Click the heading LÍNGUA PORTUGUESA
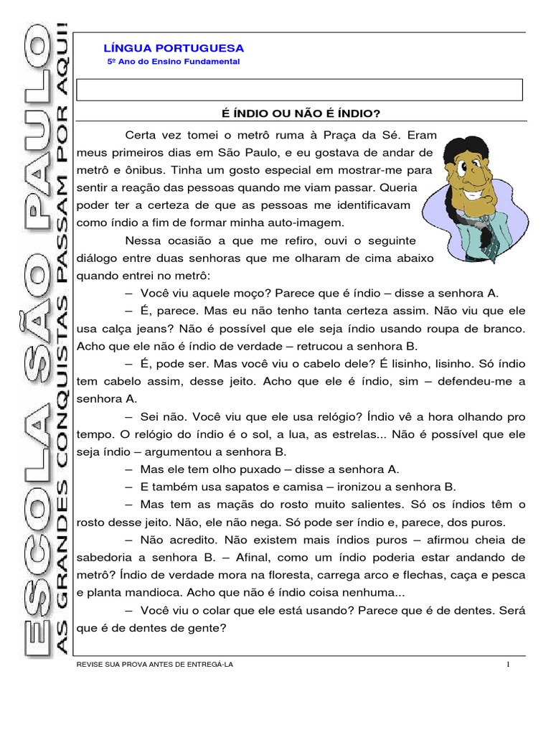(174, 48)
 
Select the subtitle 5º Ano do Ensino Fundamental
(173, 62)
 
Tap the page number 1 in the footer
(508, 665)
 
